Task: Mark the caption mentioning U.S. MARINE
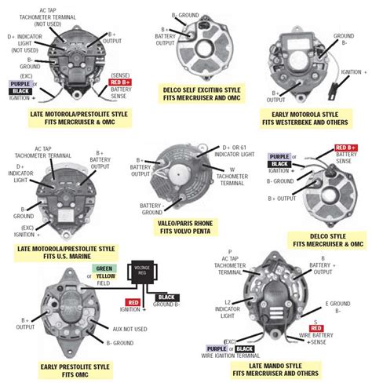click(x=66, y=253)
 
